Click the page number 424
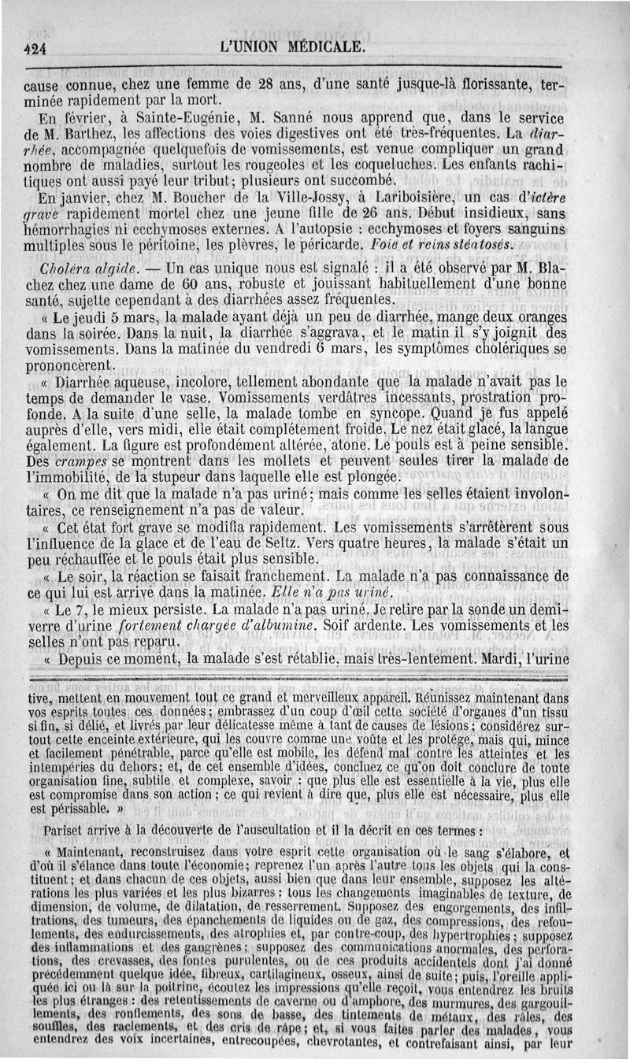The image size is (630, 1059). coord(35,47)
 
